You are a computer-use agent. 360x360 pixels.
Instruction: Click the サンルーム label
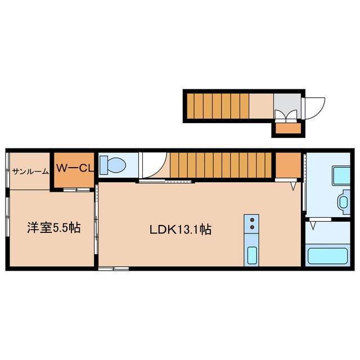tap(30, 172)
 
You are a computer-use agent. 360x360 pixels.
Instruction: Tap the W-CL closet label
tap(74, 167)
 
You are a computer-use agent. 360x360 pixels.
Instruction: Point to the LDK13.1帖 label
tap(180, 229)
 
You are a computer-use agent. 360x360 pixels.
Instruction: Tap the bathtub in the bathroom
tap(328, 256)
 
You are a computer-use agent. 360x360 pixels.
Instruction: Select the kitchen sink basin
tap(252, 256)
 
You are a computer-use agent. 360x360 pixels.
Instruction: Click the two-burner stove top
tap(252, 223)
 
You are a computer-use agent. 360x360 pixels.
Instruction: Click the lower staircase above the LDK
tap(221, 165)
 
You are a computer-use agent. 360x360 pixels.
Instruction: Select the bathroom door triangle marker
tap(313, 225)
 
